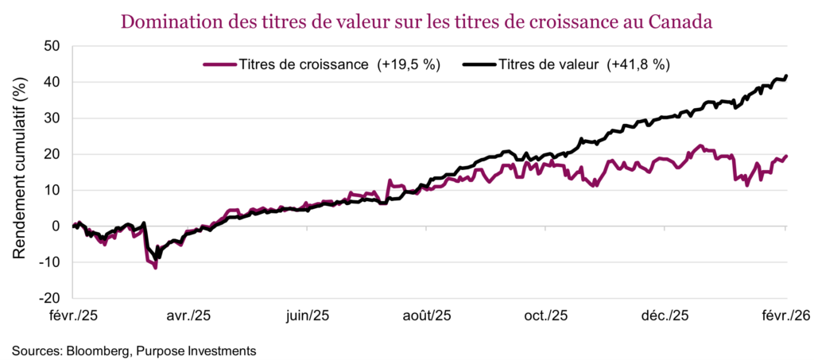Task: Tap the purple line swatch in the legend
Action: coord(220,64)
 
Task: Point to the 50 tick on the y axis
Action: coord(53,46)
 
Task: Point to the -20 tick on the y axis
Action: coord(51,298)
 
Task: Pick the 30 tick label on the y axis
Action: coord(53,118)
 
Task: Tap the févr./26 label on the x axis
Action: coord(786,315)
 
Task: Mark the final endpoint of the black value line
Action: coord(786,76)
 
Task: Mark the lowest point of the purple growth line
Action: coord(156,268)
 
